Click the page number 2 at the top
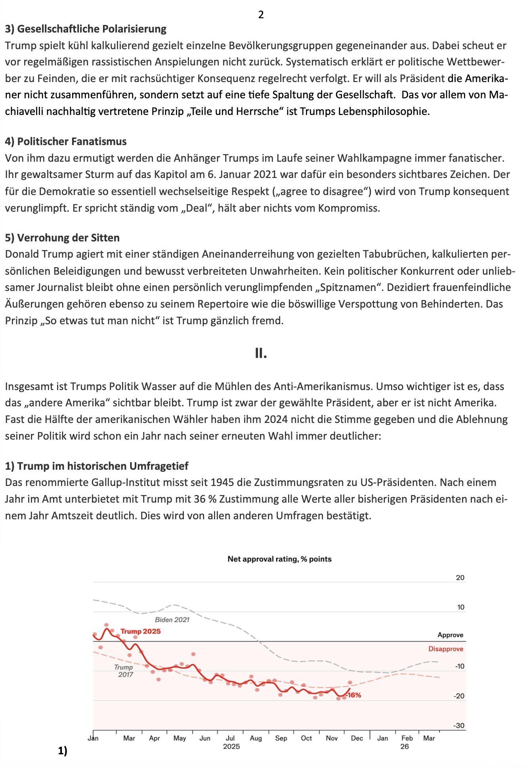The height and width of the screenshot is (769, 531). point(261,15)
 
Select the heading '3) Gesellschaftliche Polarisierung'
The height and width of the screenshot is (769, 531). point(86,29)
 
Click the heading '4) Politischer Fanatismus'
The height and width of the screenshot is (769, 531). point(66,142)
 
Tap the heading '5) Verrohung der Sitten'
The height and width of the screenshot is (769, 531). point(62,238)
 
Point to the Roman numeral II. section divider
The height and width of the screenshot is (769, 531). point(261,353)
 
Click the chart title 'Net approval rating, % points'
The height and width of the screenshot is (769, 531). point(279,559)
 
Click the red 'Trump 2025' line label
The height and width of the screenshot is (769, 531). point(141,631)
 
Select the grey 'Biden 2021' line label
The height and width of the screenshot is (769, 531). point(172,620)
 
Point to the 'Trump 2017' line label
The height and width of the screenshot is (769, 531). point(124,671)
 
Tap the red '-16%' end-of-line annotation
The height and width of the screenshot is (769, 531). point(353,695)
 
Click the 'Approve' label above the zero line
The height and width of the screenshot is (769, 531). point(450,635)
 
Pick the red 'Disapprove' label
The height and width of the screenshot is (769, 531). point(446,649)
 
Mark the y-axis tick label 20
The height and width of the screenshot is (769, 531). point(460,578)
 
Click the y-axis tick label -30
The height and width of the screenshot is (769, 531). point(459,725)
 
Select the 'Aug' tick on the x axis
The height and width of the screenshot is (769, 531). point(256,738)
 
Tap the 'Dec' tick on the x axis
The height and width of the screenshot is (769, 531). point(357,738)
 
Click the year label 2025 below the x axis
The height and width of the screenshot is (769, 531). point(231,746)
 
